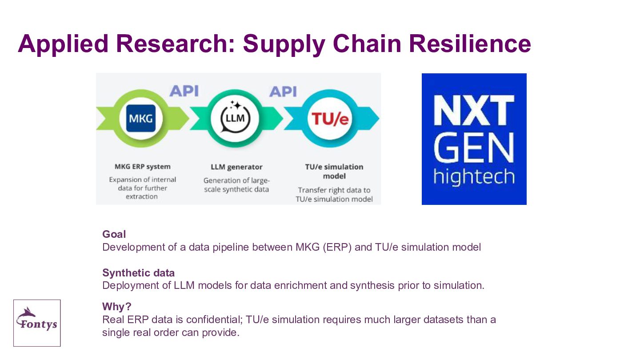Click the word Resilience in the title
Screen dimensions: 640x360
pyautogui.click(x=470, y=44)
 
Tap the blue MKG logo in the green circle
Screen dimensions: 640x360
pyautogui.click(x=141, y=118)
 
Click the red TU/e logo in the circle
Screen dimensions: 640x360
pyautogui.click(x=330, y=119)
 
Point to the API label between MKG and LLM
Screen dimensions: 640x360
pyautogui.click(x=184, y=91)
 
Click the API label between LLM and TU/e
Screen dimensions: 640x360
pyautogui.click(x=283, y=92)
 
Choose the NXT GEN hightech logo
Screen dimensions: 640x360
pyautogui.click(x=474, y=139)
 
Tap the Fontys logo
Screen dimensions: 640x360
pyautogui.click(x=37, y=323)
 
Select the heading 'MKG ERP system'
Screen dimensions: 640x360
pyautogui.click(x=143, y=167)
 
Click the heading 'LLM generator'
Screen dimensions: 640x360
pyautogui.click(x=236, y=167)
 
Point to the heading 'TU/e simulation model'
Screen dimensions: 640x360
pyautogui.click(x=334, y=172)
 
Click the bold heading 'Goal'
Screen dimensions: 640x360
pyautogui.click(x=114, y=234)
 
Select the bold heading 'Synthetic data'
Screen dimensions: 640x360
pyautogui.click(x=138, y=273)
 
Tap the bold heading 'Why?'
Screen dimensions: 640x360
pyautogui.click(x=117, y=307)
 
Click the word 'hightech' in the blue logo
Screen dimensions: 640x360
pyautogui.click(x=474, y=176)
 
